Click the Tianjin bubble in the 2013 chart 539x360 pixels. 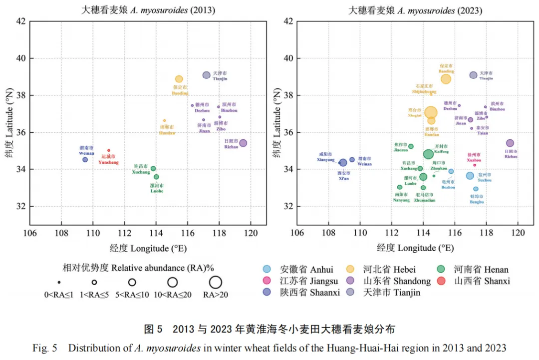coord(206,75)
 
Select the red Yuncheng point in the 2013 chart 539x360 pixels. coord(109,150)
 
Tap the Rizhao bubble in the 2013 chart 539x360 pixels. coord(243,143)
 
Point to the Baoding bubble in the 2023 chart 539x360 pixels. coord(446,79)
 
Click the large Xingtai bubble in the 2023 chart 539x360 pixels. coord(431,112)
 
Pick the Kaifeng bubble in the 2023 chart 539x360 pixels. coord(428,154)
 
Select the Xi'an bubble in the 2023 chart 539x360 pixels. coord(343,162)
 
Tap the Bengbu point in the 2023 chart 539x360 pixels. coord(476,189)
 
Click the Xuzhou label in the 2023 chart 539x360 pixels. coord(474,157)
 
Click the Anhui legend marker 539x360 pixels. coord(267,270)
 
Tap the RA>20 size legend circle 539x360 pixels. coord(216,282)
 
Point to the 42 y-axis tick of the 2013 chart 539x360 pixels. coord(22,21)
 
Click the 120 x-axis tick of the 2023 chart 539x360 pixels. coord(518,233)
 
